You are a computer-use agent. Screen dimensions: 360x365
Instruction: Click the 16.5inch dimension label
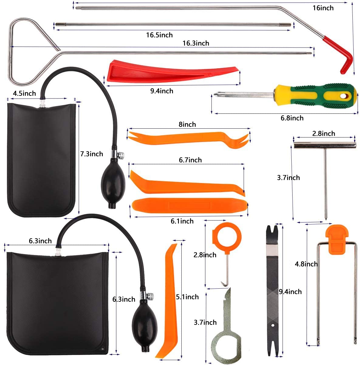[159, 35]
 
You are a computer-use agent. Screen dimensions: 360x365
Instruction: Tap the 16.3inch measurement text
[196, 43]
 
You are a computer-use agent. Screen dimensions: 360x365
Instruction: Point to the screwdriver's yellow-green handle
[316, 94]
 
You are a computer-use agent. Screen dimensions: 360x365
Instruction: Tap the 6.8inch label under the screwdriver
[292, 118]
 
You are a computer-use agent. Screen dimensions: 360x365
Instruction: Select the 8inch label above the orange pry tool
[187, 124]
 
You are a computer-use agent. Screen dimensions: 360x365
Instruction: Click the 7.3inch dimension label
[91, 154]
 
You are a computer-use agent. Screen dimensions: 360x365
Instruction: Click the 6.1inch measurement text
[182, 221]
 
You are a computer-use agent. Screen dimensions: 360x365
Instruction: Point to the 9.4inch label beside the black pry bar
[290, 292]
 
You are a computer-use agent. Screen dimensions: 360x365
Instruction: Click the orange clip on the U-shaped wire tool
[336, 239]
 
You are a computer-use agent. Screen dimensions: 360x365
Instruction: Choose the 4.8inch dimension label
[306, 264]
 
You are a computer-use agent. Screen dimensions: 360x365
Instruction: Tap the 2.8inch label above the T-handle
[324, 134]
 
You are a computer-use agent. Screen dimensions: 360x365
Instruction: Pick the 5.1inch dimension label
[187, 297]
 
